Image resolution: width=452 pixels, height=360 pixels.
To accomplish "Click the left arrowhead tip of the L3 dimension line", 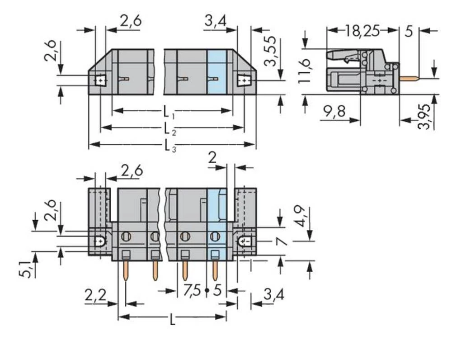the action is point(89,144).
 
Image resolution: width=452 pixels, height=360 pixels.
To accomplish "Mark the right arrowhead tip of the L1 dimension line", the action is point(232,110).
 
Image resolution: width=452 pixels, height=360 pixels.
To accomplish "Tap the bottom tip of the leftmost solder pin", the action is point(126,280).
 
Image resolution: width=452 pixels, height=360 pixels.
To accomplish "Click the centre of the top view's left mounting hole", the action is point(100,80).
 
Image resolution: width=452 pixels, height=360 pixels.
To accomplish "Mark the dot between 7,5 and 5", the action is point(207,290).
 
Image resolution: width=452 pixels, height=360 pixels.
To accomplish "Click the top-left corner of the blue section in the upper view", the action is point(207,50).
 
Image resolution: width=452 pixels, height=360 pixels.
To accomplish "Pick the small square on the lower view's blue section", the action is point(215,254).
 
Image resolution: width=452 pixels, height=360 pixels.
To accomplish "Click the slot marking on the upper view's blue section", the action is point(213,78).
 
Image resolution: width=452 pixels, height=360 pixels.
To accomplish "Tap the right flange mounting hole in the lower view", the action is point(244,241).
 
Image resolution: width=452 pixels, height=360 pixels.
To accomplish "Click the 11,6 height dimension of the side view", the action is point(304,71).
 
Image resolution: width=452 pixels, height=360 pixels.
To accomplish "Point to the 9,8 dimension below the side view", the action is point(334,111).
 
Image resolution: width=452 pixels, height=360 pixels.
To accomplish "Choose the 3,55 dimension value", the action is point(271,51).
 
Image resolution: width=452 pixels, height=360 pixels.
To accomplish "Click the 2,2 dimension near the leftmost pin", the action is point(95,295).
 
